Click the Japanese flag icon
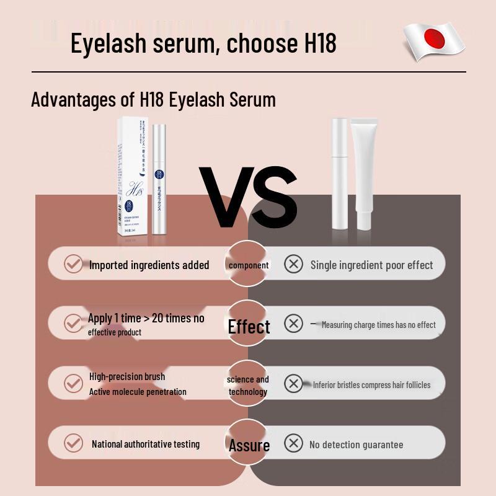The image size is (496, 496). coord(434,41)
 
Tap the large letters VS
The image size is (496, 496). coord(248,197)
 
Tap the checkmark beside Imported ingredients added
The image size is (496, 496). coord(73,264)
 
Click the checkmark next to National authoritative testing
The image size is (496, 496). coord(73,443)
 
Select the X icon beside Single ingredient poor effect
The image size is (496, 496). coord(293,264)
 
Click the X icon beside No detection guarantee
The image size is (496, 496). coord(293,443)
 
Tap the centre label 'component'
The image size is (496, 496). coord(249,265)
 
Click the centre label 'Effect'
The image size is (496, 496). coord(249,327)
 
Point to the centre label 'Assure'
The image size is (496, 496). coord(249,445)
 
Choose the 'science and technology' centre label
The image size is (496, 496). coord(248,385)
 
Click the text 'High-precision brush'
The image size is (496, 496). coord(127,376)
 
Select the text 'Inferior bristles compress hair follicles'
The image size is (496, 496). coord(371,385)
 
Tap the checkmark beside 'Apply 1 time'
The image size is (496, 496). coord(73,322)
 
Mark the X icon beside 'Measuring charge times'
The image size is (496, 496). coord(293,324)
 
